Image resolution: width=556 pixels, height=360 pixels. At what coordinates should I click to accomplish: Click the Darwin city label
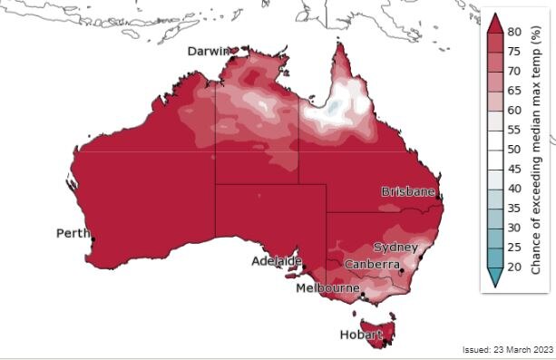[x=208, y=52]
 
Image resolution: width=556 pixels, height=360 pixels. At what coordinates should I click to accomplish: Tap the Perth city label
[x=73, y=233]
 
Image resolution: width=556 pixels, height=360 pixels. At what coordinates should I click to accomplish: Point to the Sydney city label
[x=395, y=248]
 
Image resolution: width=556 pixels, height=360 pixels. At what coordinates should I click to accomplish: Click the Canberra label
[x=372, y=265]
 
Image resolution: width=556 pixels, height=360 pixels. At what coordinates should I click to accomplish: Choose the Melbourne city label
[x=327, y=288]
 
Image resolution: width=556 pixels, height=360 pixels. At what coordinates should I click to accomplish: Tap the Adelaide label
[x=277, y=261]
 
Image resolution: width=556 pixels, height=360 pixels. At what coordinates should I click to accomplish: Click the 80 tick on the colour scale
[x=512, y=32]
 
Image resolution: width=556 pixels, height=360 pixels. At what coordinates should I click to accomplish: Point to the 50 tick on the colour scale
[x=512, y=150]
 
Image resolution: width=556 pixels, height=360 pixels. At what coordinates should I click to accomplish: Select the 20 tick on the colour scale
[x=512, y=268]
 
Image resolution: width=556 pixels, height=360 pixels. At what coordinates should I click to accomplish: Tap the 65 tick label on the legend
[x=512, y=91]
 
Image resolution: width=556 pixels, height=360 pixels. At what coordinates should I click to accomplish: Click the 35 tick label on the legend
[x=512, y=209]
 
